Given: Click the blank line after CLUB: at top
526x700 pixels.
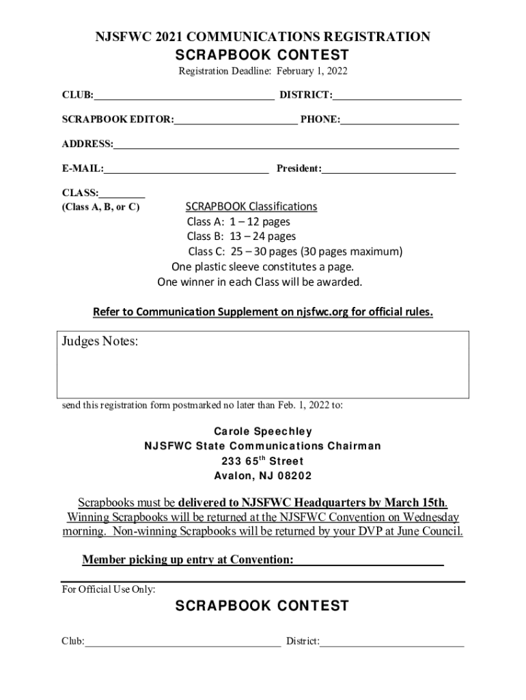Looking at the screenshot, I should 184,96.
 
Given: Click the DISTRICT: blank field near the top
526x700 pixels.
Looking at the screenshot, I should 398,96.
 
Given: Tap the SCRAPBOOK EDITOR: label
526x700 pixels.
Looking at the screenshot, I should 117,120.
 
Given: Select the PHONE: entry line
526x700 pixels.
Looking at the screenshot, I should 400,120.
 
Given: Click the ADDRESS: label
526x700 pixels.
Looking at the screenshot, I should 87,144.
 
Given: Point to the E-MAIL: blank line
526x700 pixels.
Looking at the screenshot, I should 186,168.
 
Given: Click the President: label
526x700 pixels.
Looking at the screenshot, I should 299,168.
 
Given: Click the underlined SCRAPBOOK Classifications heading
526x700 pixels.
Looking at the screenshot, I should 251,206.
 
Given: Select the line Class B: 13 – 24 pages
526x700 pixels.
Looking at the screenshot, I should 241,237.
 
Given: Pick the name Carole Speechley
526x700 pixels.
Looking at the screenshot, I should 263,431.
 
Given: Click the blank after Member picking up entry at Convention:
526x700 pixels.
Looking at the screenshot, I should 369,561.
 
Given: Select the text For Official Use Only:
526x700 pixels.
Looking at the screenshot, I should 109,589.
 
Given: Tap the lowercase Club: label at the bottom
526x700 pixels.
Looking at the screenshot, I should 73,641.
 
